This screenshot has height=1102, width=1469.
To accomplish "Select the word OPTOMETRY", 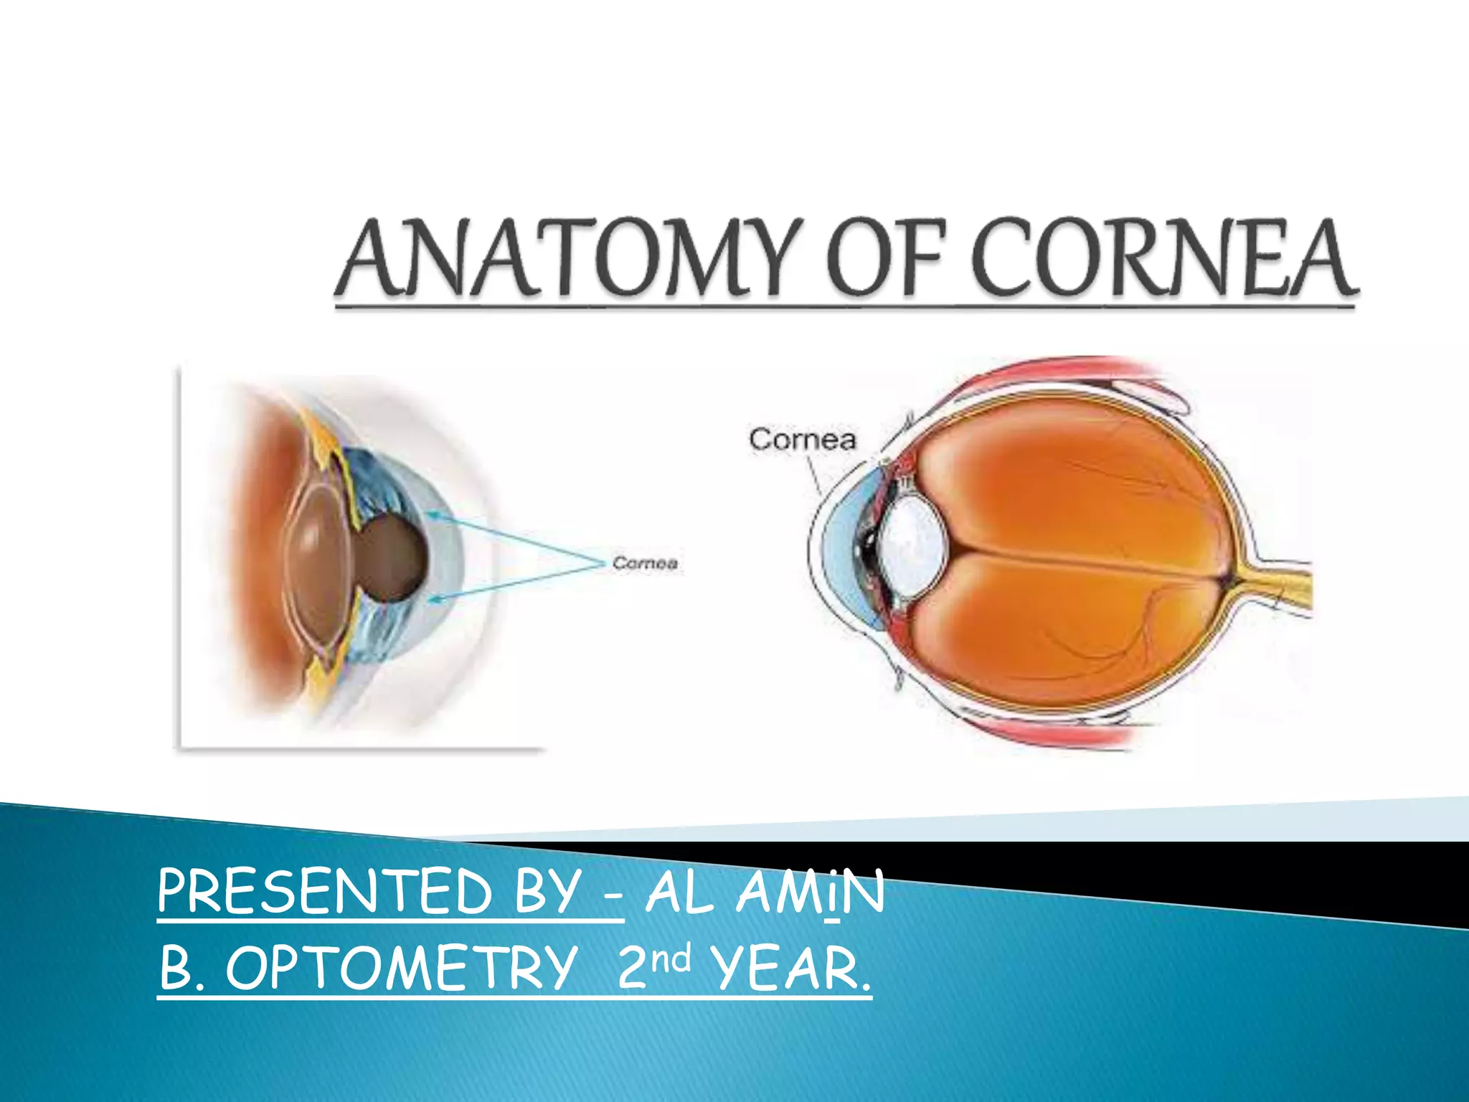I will (402, 968).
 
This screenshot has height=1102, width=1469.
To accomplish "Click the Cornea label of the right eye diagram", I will (802, 440).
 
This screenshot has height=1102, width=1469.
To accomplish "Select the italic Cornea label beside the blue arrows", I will (645, 563).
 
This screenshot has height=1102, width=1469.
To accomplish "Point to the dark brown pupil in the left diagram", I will (391, 558).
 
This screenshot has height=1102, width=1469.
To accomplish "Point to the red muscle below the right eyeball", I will (1062, 730).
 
